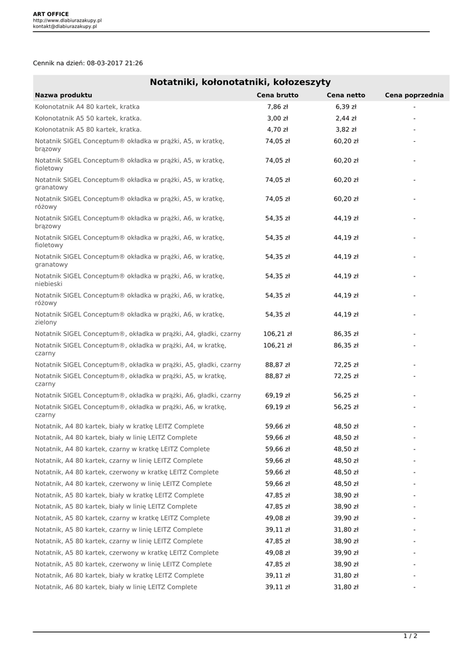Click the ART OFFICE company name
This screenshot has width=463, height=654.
click(x=51, y=13)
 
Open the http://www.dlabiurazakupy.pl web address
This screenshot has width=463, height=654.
click(x=67, y=20)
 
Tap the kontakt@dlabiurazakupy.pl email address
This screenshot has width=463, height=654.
click(x=65, y=27)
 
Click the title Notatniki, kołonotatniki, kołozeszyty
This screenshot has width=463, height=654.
click(x=240, y=82)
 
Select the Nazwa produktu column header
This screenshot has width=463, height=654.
click(x=64, y=95)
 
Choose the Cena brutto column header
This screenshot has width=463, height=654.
click(x=277, y=95)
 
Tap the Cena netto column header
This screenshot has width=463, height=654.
click(x=345, y=95)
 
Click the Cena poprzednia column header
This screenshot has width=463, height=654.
click(x=414, y=95)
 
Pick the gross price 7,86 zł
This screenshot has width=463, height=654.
click(x=277, y=107)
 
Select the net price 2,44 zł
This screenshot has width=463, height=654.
click(x=345, y=118)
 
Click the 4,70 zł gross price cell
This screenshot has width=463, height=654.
click(x=277, y=130)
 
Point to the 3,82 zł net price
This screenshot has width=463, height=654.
click(x=345, y=130)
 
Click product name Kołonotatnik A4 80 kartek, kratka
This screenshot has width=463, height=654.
click(x=87, y=107)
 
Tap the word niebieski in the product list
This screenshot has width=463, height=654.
click(x=49, y=284)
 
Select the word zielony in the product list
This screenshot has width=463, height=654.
click(x=46, y=323)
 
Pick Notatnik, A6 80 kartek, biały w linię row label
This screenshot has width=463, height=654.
click(x=116, y=587)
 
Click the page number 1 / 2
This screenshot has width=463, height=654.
click(x=410, y=636)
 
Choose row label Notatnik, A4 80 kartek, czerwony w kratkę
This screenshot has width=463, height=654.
click(x=126, y=472)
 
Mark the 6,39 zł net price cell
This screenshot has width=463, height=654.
click(x=345, y=107)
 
